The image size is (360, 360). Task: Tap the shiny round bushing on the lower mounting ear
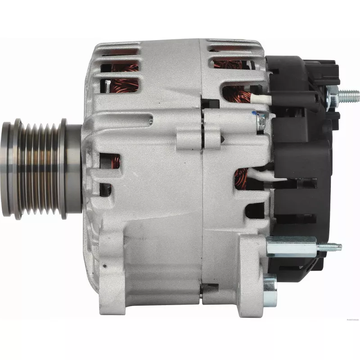pos(270,286)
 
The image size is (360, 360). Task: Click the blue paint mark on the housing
pos(254,113)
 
